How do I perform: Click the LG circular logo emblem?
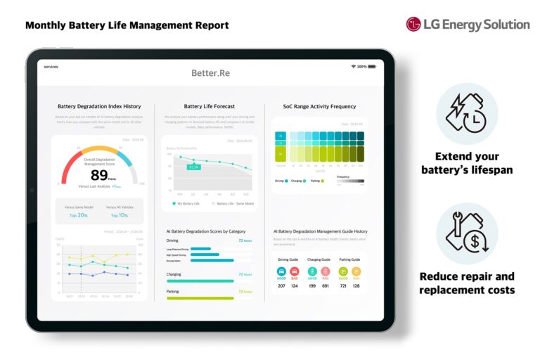point(413,25)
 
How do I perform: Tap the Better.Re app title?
point(210,73)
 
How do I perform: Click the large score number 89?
point(99,175)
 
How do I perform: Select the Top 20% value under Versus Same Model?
point(78,215)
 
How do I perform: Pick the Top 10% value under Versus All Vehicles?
point(119,215)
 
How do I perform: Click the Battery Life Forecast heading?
point(210,107)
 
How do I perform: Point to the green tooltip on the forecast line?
point(194,167)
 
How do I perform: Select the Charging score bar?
point(200,281)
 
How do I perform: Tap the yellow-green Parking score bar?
point(200,297)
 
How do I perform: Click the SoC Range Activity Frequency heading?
point(319,107)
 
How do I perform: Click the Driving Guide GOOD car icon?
point(281,271)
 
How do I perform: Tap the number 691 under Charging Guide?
point(325,286)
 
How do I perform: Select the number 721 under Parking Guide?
point(342,286)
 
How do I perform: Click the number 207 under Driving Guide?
point(281,286)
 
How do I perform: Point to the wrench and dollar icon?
point(467,233)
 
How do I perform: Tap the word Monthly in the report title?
point(46,25)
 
